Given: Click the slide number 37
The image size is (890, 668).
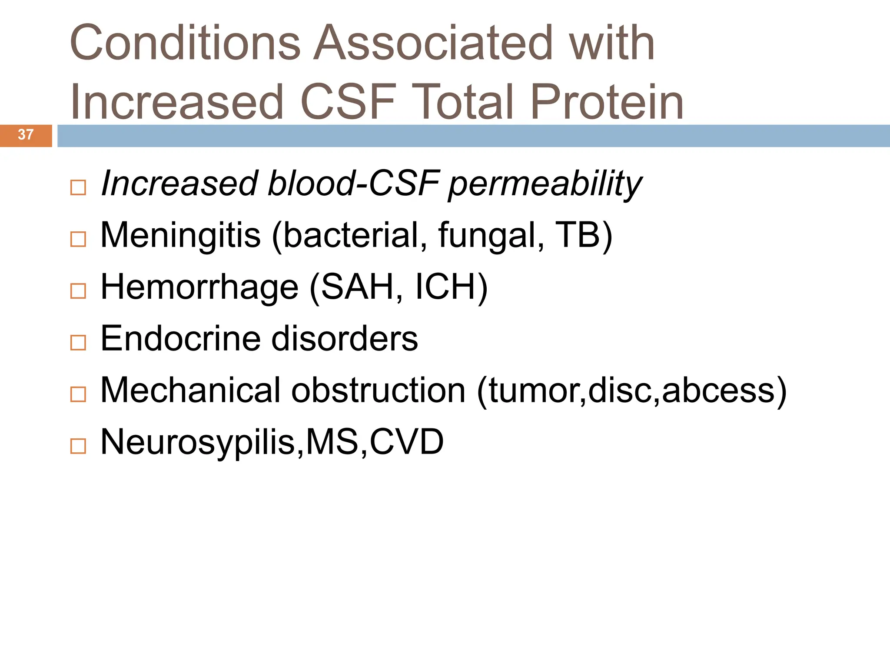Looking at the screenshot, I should coord(26,135).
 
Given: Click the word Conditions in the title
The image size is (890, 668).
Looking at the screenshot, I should coord(185,43).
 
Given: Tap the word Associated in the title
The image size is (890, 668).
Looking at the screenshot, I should coord(433,43).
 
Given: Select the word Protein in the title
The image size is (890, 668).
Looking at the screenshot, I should coord(607,102).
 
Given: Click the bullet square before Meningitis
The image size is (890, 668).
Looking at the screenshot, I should coord(78,239).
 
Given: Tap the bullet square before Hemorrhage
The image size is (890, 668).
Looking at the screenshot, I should coord(78,291).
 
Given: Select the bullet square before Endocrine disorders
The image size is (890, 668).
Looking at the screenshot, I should coord(78,342).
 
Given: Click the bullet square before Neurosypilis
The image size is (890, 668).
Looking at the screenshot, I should coord(78,446).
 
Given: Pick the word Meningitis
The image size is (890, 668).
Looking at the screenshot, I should coord(180,236).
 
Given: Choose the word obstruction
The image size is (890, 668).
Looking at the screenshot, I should coord(378,391).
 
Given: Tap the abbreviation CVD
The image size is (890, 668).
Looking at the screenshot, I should coord(406,442).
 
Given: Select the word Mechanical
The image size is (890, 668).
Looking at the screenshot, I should coord(190,391).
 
